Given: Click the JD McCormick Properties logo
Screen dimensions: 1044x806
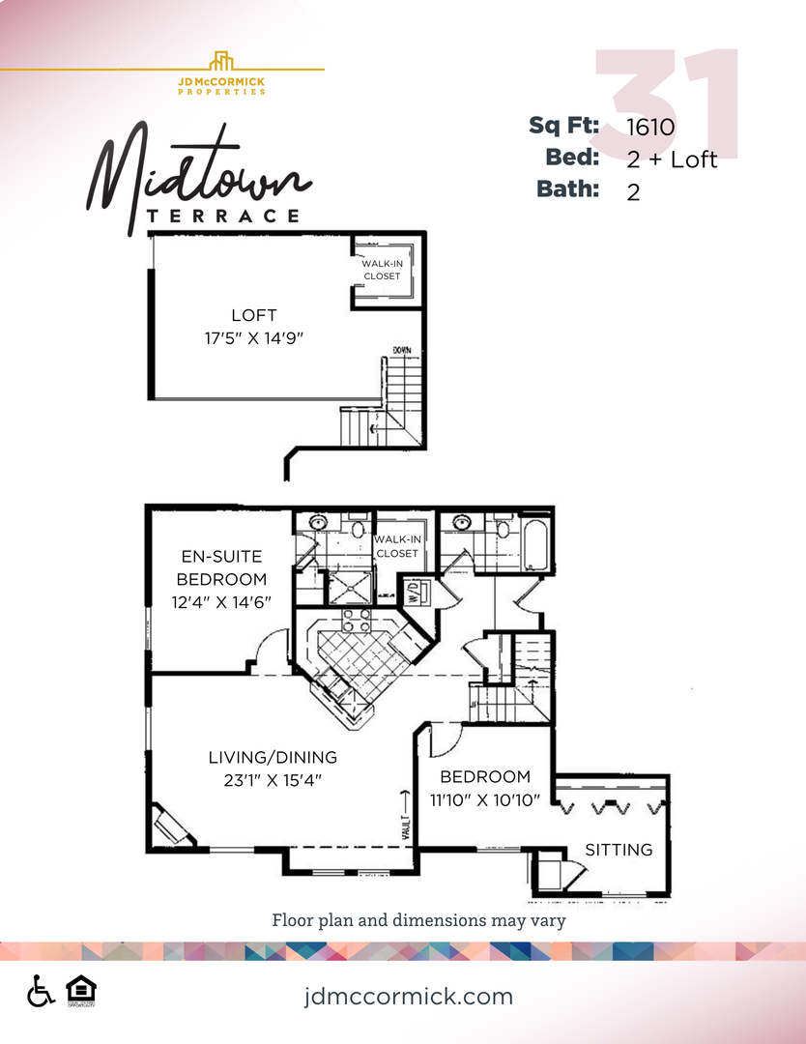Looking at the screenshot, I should [x=221, y=72].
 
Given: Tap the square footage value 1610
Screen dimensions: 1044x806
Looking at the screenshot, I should [x=650, y=126].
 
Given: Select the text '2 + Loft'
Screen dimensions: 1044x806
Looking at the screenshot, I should [x=672, y=159].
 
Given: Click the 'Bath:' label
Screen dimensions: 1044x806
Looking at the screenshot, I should [x=568, y=189].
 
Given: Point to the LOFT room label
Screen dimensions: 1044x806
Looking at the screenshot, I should [x=254, y=315].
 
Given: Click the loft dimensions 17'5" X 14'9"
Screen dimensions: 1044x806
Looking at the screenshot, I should [x=254, y=337].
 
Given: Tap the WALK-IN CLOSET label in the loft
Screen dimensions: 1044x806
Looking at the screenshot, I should [x=382, y=270].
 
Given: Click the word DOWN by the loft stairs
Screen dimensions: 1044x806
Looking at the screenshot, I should [x=402, y=351].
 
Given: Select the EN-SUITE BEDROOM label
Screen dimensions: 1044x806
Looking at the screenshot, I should [x=222, y=567].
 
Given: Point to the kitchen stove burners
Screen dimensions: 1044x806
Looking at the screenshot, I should [x=358, y=620].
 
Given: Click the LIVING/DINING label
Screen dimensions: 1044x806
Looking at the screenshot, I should [x=273, y=757].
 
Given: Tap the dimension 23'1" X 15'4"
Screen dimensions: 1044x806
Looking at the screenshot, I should [x=273, y=779].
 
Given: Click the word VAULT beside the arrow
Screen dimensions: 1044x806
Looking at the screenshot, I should [x=406, y=826].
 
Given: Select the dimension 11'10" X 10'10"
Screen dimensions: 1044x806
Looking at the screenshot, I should [x=485, y=799].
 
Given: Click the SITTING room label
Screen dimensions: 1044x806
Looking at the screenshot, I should [x=619, y=850].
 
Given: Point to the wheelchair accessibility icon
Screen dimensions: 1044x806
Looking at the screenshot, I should [x=41, y=991].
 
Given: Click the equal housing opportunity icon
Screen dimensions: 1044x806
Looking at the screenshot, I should [x=81, y=991].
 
